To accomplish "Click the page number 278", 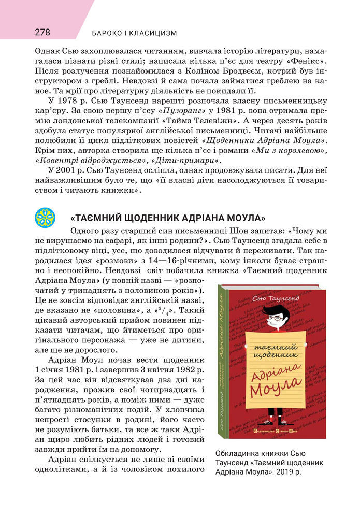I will click(x=42, y=32).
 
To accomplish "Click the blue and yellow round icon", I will click(x=45, y=217).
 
